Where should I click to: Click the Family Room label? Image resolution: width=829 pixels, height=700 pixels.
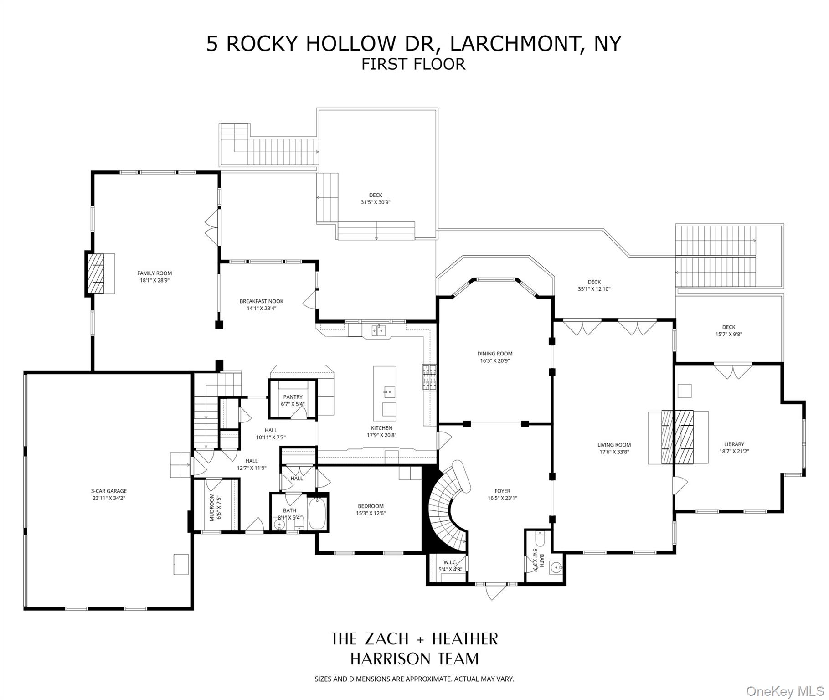pos(154,273)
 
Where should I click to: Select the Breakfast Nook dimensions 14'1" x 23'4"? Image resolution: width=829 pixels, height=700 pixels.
pos(262,308)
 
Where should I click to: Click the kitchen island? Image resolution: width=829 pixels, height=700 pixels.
pos(385,393)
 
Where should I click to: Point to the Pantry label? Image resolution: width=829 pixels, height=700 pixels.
pos(293,397)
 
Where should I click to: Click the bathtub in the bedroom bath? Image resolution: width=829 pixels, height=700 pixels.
pos(317,514)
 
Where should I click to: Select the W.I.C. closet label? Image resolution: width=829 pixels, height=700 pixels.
pos(450,562)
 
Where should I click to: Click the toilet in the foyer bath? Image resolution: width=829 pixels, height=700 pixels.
pos(540,540)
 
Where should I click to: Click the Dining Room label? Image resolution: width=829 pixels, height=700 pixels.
pos(494,353)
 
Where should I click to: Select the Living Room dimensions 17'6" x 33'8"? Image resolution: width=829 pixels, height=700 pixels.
pos(614,452)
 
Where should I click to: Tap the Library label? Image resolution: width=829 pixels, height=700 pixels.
pos(734,444)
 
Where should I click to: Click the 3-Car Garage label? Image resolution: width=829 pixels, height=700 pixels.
pos(108,491)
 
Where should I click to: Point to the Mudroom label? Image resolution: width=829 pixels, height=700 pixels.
pos(212,507)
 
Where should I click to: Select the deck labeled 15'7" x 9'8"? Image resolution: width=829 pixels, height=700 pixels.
pos(728,330)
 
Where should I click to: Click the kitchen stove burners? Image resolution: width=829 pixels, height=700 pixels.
pos(429,377)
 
